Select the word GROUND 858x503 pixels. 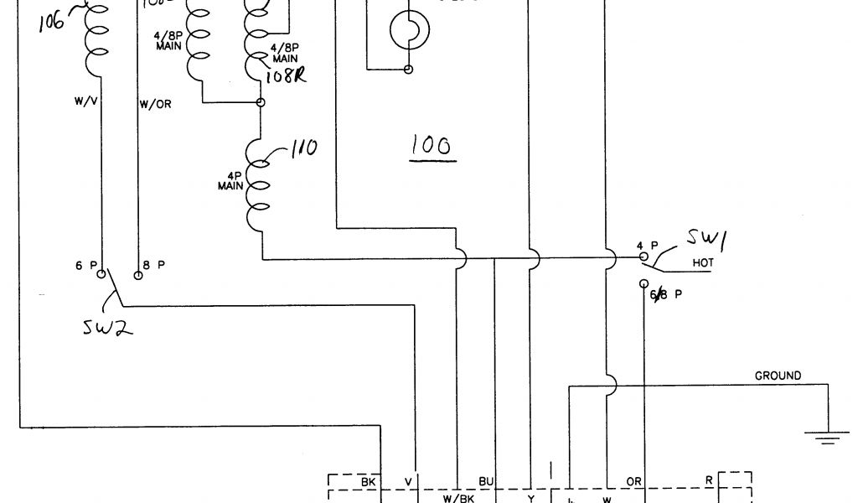coord(778,376)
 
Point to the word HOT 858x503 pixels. coord(702,263)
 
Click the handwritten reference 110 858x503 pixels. coord(302,148)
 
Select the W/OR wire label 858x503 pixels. coord(153,104)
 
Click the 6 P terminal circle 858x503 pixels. coord(101,273)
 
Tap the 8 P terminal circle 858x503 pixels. coord(138,273)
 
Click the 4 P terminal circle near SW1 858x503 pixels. coord(643,255)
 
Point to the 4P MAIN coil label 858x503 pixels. coord(230,182)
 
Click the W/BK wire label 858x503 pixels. coord(457,496)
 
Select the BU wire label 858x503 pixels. coord(485,481)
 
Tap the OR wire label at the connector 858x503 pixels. coord(633,482)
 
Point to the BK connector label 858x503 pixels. coord(368,482)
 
